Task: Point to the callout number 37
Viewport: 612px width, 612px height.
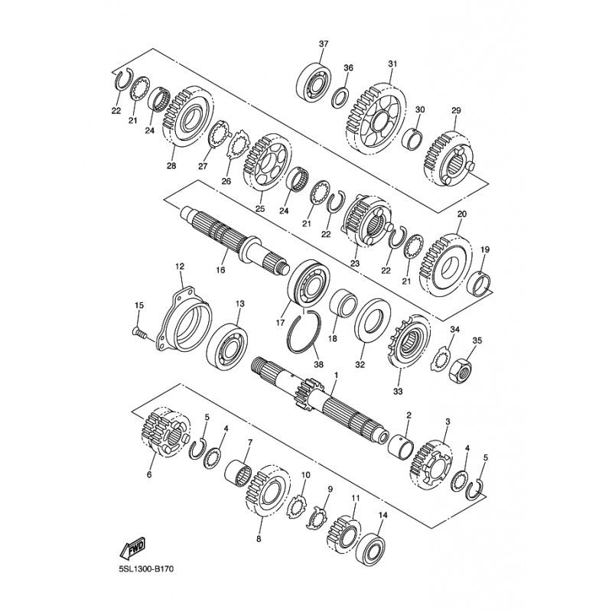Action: [324, 44]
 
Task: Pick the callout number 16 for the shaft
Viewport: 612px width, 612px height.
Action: [220, 270]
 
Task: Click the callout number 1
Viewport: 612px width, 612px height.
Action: [336, 375]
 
